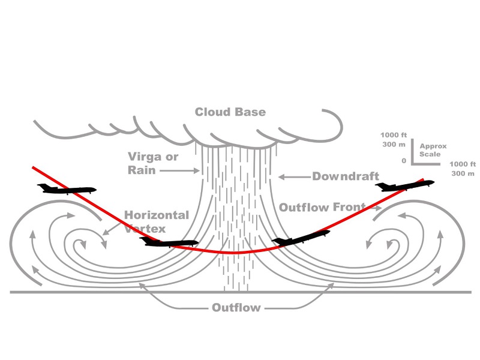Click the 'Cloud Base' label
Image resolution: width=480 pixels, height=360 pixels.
coord(230,112)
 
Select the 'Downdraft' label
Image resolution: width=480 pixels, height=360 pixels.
coord(345,176)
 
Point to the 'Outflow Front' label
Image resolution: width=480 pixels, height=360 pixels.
coord(322,208)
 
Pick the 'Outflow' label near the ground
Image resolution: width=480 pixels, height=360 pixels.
coord(236,308)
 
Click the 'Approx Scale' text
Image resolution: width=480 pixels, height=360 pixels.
coord(433,150)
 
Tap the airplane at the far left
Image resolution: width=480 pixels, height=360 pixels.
coord(66,190)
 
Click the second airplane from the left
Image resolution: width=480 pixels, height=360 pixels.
coord(169,242)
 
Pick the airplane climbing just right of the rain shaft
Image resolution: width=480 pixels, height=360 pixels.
coord(301,238)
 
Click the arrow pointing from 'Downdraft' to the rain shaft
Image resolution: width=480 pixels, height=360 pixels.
coord(293,176)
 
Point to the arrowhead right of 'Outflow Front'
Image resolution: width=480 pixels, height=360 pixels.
coord(378,209)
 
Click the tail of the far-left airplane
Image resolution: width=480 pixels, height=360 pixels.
coord(41,187)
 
